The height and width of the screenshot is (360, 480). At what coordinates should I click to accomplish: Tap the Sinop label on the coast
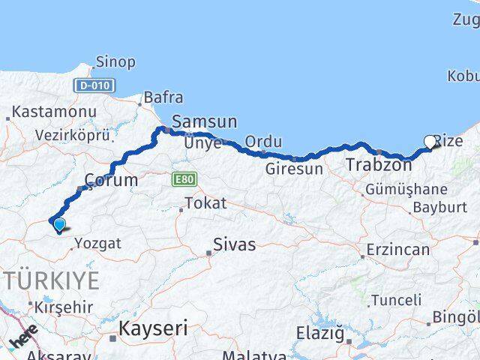point(116,62)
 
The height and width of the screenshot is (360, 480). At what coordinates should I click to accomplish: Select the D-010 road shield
point(93,85)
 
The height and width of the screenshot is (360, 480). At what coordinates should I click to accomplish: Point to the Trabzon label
point(379,165)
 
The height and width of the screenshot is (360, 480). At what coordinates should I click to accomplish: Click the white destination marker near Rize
point(430,141)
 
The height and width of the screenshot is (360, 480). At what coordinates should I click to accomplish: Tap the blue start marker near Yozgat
point(58,223)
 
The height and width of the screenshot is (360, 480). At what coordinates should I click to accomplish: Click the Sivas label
point(234,244)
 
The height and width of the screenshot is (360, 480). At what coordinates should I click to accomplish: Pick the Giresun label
point(294,169)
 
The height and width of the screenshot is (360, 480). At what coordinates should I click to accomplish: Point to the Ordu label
point(263,142)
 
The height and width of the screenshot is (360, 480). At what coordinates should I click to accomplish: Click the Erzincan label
point(397,250)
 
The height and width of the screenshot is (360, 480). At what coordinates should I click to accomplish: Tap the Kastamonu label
point(52,112)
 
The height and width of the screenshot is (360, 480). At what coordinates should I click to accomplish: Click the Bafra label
point(163,97)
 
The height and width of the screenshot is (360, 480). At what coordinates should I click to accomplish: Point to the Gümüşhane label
point(406,189)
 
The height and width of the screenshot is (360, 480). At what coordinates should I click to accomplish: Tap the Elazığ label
point(319,332)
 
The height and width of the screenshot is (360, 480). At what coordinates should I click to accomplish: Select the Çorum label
point(111,180)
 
